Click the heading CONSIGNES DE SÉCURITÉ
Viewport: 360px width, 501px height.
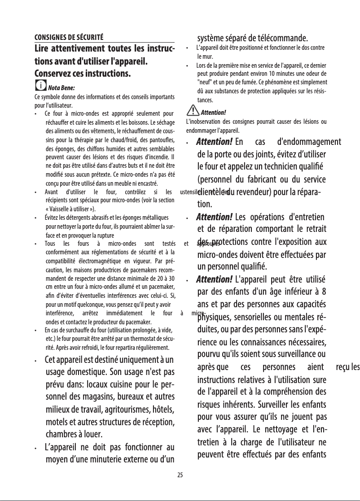click(x=69, y=37)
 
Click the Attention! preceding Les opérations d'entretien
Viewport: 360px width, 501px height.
click(x=214, y=217)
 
